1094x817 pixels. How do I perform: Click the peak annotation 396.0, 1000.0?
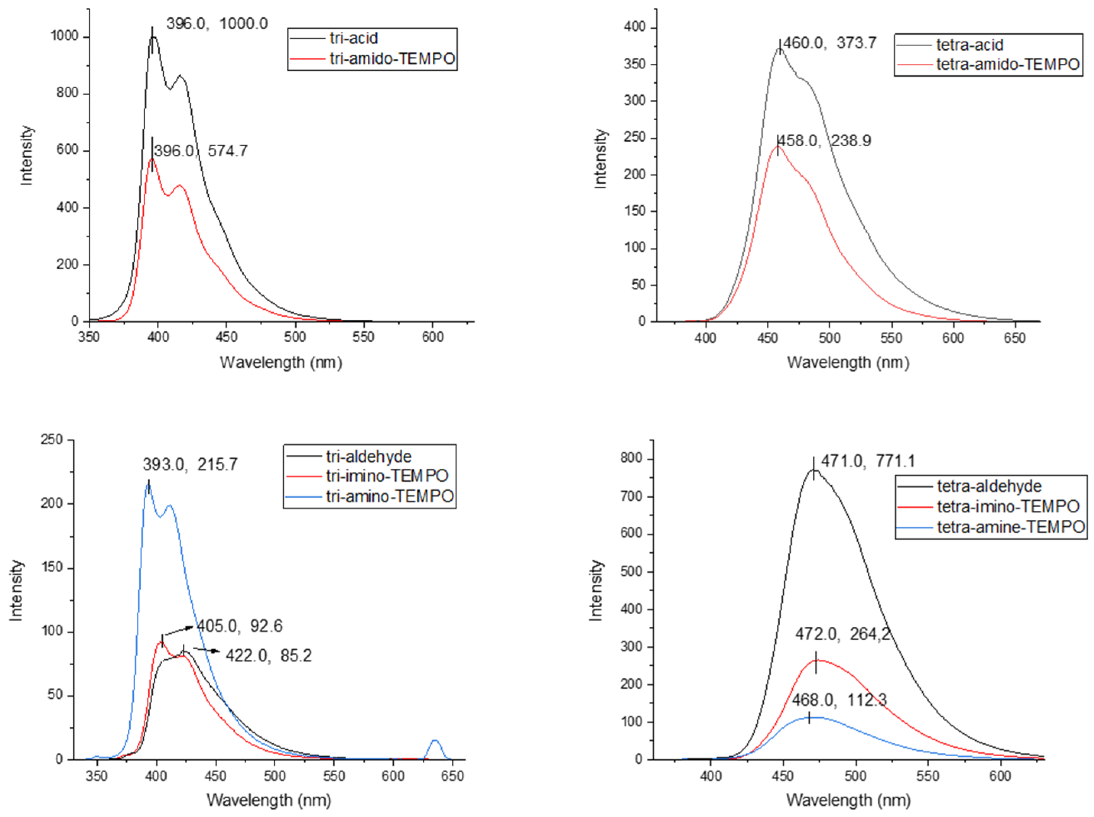tap(217, 24)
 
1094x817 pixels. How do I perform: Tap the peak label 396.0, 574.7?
tap(200, 151)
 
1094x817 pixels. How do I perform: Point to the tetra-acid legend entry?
tap(969, 45)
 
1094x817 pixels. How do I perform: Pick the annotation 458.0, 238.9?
tap(825, 141)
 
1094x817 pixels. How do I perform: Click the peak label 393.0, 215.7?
tap(190, 464)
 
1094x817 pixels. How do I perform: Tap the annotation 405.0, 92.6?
tap(240, 626)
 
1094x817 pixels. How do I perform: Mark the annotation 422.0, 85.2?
tap(269, 656)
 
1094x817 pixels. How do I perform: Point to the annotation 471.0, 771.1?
tap(868, 461)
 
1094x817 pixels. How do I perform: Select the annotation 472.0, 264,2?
tap(842, 634)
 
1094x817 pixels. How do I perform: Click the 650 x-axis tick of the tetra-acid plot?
tap(1014, 338)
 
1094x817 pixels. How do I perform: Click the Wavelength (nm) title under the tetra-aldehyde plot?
tap(848, 800)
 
